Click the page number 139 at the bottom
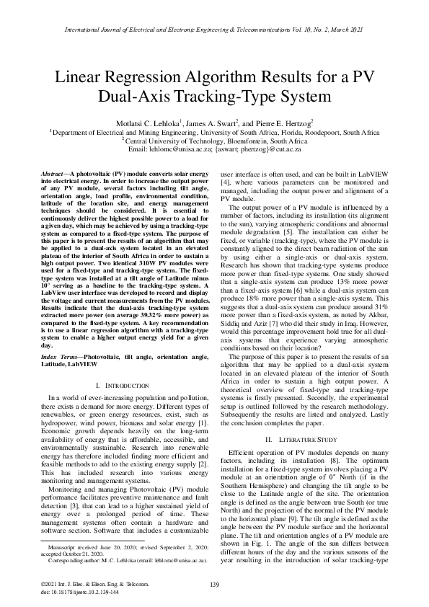click(214, 584)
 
